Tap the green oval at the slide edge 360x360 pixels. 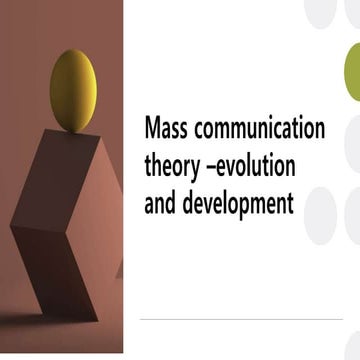[352, 71]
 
